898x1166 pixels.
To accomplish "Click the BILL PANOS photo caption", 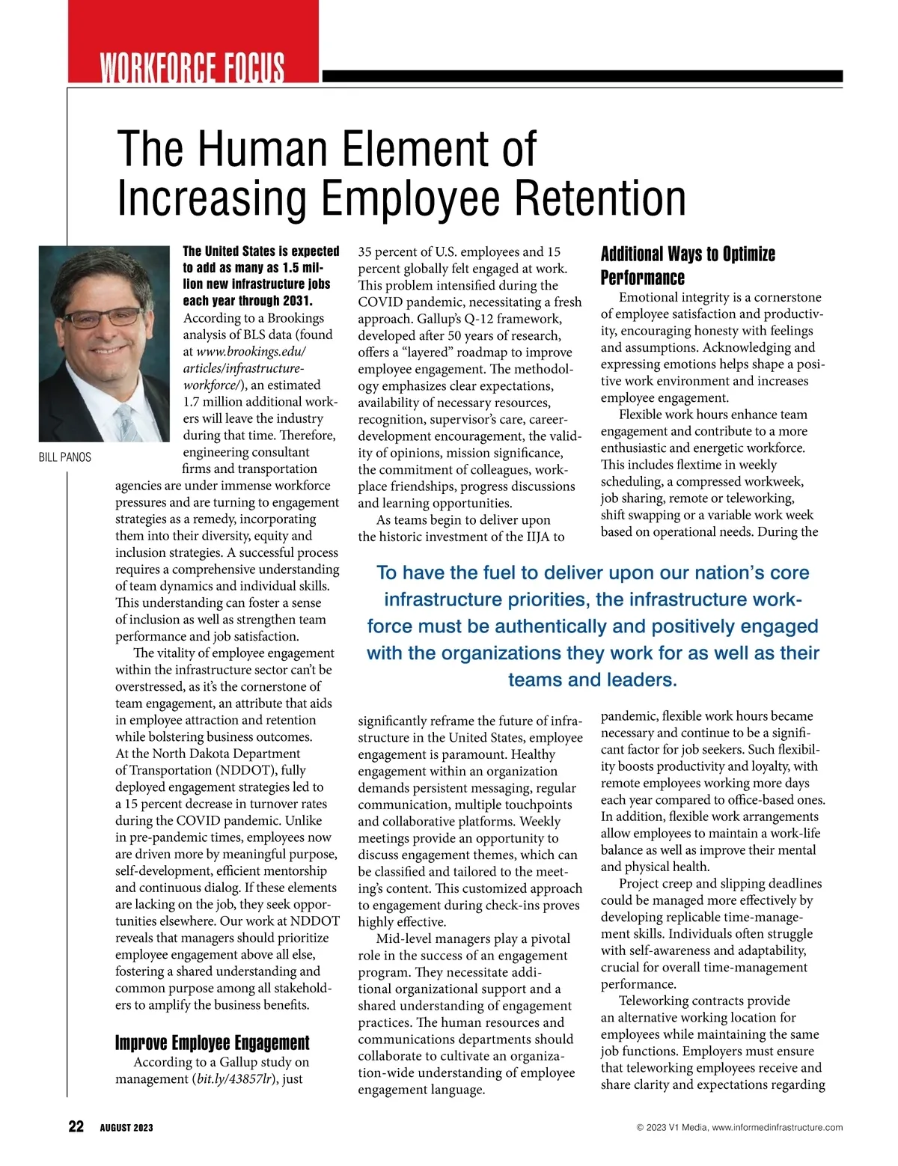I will click(65, 457).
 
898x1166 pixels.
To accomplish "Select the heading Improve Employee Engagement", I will click(212, 1043).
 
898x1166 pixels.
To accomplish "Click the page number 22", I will click(76, 1126).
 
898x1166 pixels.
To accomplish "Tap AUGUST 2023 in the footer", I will click(126, 1128).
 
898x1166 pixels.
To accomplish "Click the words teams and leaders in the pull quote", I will click(592, 680).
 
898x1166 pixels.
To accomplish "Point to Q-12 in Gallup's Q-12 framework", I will click(478, 319).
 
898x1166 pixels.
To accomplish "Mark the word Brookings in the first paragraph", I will click(296, 318).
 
